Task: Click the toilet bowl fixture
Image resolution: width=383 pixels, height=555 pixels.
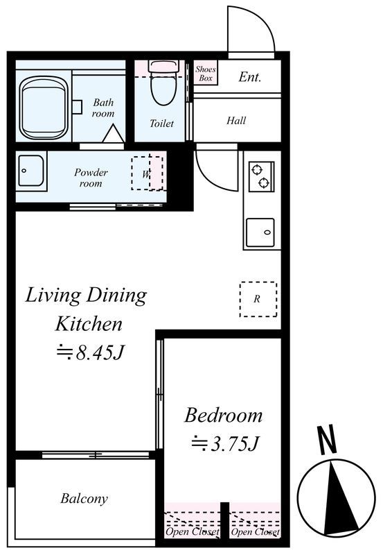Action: pos(164,83)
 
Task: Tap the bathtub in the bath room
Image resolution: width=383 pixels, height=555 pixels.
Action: pos(44,108)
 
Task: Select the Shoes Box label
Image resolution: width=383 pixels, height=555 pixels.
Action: pos(205,74)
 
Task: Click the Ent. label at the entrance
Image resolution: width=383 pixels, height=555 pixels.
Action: pos(250,77)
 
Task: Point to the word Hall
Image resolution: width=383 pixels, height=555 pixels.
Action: pos(236,121)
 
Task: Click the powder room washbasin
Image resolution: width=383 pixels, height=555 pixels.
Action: pos(31,171)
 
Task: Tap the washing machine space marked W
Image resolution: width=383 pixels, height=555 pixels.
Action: pos(147,173)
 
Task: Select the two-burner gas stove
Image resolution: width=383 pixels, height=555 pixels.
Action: pos(262,177)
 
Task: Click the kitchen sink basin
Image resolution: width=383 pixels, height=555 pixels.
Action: pos(260,232)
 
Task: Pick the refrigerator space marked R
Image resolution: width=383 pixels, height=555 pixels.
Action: pos(258,299)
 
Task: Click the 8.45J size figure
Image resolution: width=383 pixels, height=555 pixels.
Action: pos(91,352)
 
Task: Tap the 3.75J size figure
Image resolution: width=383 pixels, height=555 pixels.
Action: pos(225,443)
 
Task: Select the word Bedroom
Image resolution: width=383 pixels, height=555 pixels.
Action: pos(223,416)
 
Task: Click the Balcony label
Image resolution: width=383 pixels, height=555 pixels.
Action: pos(84,498)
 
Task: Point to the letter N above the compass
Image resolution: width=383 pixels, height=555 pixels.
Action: pos(328,440)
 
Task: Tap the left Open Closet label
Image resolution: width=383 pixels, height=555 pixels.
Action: pos(193,531)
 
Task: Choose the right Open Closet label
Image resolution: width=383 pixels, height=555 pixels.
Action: pos(255,531)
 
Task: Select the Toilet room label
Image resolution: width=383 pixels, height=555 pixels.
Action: pos(161,123)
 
